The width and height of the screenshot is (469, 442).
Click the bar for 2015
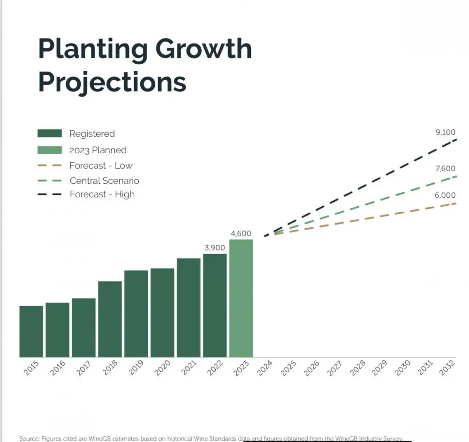[x=31, y=331]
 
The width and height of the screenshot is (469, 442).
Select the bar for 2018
[x=110, y=319]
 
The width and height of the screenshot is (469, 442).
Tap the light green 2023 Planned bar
[x=241, y=299]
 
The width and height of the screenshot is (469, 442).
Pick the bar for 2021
[x=189, y=307]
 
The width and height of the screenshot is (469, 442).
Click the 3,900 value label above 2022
[x=215, y=247]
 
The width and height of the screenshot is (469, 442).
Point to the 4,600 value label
[x=241, y=233]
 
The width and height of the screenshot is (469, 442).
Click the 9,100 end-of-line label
[x=445, y=133]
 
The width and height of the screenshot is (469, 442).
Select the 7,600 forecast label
[x=445, y=169]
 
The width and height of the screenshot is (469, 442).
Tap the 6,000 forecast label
[x=445, y=195]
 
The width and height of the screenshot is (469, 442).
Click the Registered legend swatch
[x=49, y=134]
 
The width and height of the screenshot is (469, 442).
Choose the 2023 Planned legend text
[x=98, y=150]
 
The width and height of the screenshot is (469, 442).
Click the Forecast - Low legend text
[x=101, y=165]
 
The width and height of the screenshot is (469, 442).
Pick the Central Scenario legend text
[x=104, y=180]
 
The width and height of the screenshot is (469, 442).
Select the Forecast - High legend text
[x=102, y=194]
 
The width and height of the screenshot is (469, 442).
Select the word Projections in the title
[x=112, y=82]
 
